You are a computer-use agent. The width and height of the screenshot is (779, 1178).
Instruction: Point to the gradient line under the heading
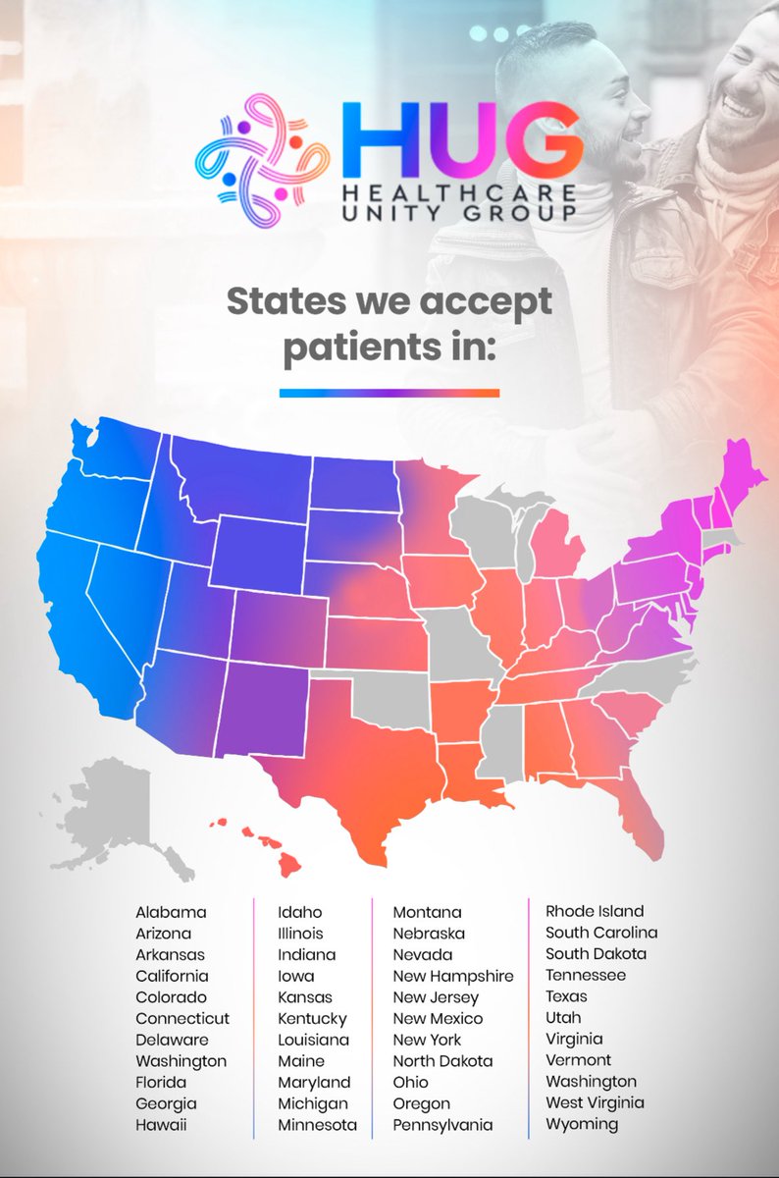389,393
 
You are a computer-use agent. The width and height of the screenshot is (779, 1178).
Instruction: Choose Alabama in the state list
172,912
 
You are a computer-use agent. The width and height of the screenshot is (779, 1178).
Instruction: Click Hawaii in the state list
161,1125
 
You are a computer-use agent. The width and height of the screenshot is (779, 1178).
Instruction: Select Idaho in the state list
299,912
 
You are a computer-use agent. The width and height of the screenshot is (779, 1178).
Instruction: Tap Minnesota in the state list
317,1125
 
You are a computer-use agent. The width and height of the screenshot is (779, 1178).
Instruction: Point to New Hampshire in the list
453,976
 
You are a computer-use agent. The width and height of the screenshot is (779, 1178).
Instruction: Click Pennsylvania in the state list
442,1125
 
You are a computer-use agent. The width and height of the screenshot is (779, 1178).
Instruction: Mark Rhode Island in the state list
595,911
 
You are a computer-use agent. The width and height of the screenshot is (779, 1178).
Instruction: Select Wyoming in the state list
582,1124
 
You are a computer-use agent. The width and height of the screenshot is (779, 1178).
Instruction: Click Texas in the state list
566,996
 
